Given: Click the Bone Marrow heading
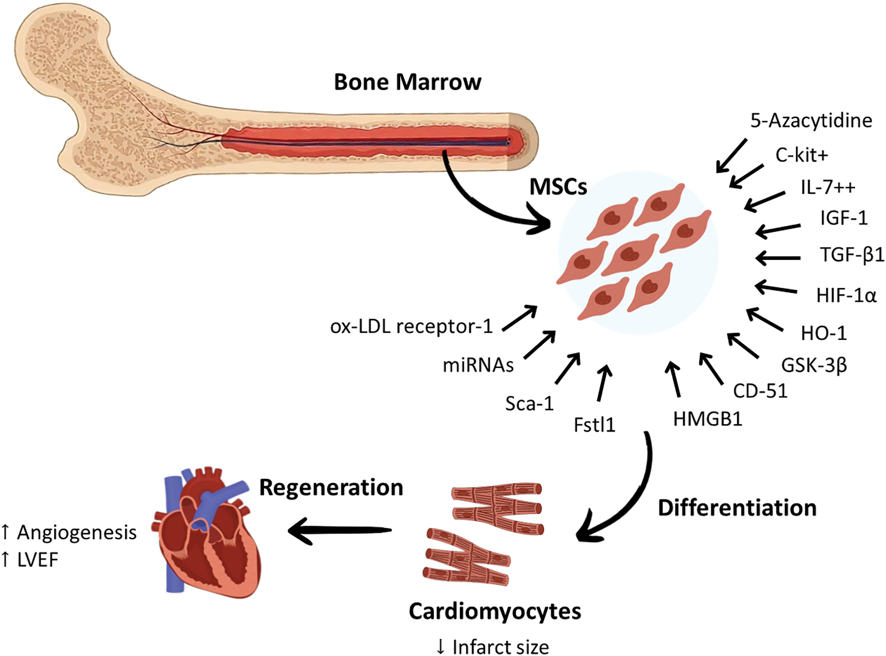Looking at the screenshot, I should coord(407,82).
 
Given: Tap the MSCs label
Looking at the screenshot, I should coord(558,187).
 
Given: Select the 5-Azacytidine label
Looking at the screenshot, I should coord(811,121).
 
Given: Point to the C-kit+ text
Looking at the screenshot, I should coord(801,155).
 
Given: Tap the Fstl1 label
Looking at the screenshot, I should coord(594,425).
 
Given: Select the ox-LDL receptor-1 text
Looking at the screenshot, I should coord(411,326).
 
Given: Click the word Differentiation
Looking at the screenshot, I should coord(737,508).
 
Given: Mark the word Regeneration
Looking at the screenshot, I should coord(331,488).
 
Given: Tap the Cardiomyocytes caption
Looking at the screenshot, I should coord(495,612).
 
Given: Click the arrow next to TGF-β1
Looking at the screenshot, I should coord(778,258).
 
